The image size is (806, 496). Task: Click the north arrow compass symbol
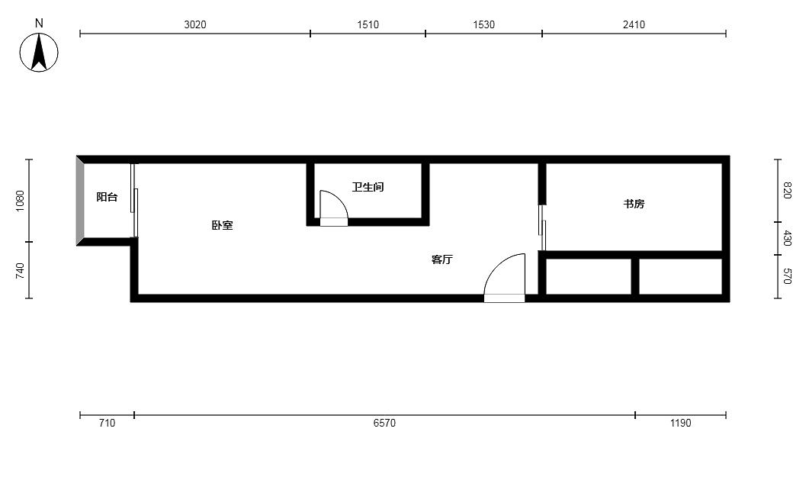coord(39,52)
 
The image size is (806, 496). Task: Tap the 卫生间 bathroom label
coord(368,187)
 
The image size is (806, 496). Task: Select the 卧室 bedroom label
coord(222,225)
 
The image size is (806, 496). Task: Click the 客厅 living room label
coord(442,259)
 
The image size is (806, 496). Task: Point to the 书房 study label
coord(634,204)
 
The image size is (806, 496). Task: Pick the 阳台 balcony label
coord(107,197)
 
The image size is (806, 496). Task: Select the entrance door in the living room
coord(504,278)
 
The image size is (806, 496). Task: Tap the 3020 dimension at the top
coord(194,24)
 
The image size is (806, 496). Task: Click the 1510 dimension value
coord(368,24)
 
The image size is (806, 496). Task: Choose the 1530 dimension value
coord(483,24)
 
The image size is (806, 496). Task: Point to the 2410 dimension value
coord(634,24)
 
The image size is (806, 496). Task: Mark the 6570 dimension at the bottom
coord(384,423)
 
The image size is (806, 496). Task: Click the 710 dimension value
coord(107,423)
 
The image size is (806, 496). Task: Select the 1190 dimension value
coord(681,423)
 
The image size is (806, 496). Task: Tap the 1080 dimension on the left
coord(20,201)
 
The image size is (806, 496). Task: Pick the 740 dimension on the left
coord(20,271)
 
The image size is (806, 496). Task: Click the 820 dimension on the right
coord(786,190)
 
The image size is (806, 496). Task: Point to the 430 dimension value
coord(786,238)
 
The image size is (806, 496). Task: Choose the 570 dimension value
coord(786,276)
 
